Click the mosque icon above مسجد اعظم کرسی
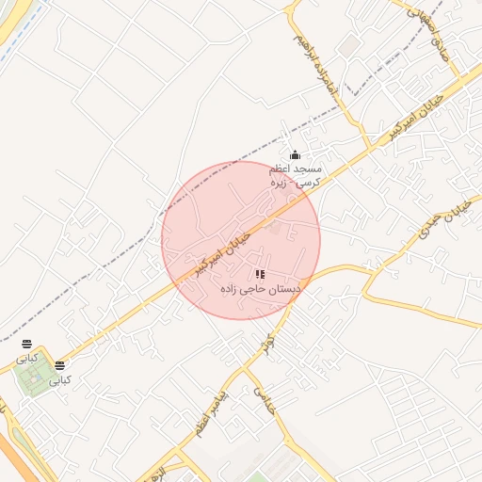tap(295, 155)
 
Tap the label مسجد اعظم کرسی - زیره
tap(295, 175)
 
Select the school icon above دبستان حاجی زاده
tap(260, 274)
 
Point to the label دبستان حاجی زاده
tap(260, 290)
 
